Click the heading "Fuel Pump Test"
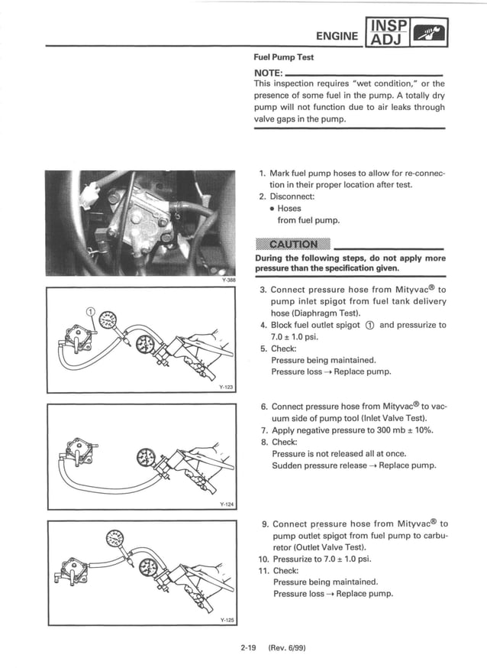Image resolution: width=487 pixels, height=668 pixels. [x=283, y=57]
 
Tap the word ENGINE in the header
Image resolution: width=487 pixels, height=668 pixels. [x=337, y=34]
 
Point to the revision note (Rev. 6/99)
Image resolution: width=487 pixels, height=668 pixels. [x=287, y=649]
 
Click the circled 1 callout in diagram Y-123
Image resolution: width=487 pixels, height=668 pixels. [x=90, y=312]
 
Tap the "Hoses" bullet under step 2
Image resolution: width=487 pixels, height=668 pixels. [x=289, y=208]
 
